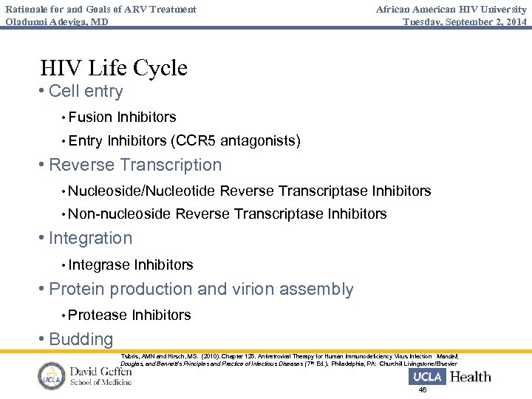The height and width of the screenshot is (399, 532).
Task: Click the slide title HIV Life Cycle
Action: click(114, 68)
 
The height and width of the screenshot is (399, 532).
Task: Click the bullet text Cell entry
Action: click(86, 92)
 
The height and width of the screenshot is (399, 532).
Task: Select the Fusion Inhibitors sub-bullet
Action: click(122, 117)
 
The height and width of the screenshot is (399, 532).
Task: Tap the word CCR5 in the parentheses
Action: click(196, 140)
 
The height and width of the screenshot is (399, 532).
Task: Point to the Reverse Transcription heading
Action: click(135, 165)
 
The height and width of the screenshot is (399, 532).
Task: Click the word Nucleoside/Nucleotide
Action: click(142, 191)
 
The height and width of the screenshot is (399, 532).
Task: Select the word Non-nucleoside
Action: click(120, 214)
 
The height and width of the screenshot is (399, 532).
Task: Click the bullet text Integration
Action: click(90, 238)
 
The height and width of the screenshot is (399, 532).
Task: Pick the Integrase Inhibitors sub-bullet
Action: click(131, 265)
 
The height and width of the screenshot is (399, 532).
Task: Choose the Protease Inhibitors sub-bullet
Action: click(129, 315)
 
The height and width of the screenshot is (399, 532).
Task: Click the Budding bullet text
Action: click(81, 340)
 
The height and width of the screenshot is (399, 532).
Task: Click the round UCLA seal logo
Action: click(52, 376)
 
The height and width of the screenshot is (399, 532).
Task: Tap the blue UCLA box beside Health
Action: click(427, 377)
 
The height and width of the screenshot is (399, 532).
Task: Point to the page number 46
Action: click(423, 390)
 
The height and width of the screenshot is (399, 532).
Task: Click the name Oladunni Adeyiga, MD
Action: click(56, 21)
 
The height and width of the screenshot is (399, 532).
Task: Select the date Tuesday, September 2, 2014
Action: click(465, 21)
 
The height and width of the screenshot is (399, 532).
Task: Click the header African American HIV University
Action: click(451, 9)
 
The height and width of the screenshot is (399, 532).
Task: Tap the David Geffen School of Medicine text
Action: click(100, 375)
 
